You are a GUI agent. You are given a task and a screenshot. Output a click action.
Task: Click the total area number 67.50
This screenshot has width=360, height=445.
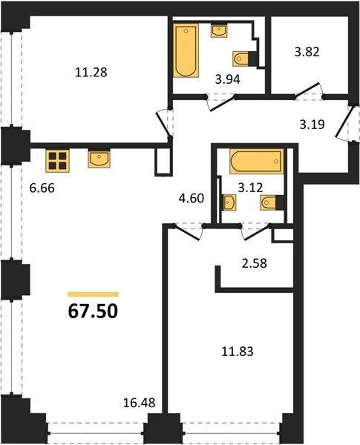tap(93, 311)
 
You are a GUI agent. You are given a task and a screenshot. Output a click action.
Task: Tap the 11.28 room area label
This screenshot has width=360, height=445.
tap(91, 72)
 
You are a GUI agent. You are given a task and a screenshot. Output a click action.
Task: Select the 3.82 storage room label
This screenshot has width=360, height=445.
tap(307, 52)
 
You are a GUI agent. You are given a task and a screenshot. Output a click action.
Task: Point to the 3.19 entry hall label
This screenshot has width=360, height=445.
tap(312, 125)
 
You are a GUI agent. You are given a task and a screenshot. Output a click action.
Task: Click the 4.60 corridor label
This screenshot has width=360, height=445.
tap(192, 198)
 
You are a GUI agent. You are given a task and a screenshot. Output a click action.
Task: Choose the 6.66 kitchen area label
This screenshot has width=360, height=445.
tap(42, 188)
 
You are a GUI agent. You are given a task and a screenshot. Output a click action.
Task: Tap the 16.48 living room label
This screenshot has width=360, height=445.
tap(140, 403)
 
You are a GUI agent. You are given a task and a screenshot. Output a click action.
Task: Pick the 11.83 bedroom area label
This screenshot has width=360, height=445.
tap(238, 352)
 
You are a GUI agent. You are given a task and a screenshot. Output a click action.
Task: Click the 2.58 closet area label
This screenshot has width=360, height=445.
tap(255, 263)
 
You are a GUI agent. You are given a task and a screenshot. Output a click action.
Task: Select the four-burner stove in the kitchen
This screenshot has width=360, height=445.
tap(57, 161)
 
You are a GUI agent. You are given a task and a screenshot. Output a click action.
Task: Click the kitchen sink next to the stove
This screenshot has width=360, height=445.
tap(99, 159)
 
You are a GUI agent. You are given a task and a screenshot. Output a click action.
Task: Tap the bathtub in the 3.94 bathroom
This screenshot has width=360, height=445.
tap(186, 50)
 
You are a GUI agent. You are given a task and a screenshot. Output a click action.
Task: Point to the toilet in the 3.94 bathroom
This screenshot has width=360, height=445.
tap(245, 59)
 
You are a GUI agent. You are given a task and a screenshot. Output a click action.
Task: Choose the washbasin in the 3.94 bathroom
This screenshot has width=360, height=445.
tap(219, 30)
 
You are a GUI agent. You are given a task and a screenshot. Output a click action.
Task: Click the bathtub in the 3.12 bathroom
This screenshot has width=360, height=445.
tap(257, 161)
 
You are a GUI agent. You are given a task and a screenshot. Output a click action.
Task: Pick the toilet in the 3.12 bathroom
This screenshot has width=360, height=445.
tap(272, 202)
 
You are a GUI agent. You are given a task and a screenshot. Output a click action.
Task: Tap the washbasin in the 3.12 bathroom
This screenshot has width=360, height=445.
tap(229, 202)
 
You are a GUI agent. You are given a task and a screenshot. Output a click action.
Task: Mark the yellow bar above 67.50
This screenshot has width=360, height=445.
tap(93, 294)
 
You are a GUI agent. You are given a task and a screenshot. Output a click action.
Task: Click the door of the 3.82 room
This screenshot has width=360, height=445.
tap(309, 91)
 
